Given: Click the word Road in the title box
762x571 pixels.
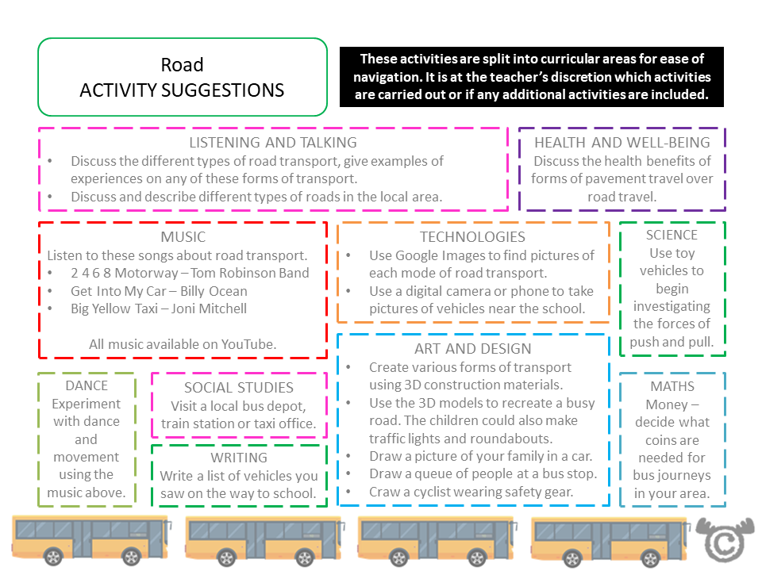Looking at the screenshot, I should pos(182,64).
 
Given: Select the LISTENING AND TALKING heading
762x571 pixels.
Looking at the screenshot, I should pos(272,143).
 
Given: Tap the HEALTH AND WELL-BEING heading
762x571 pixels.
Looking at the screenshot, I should pos(622,143).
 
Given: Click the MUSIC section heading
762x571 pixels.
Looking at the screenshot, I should pos(183,236).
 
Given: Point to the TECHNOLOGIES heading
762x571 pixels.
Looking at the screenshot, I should pos(472,236).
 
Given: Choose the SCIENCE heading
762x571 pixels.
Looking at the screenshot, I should pos(672,236).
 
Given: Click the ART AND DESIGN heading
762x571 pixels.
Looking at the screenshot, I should pos(472,348).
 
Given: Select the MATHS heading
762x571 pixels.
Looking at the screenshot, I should pos(672,386).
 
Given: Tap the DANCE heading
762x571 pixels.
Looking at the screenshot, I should pos(86,386).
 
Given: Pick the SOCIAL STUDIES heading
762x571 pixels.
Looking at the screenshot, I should pos(239,388).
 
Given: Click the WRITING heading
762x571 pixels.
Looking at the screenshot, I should pos(239,458).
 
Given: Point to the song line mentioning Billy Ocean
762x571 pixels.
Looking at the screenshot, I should pos(159,291).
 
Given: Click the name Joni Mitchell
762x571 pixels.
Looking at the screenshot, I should pos(209,309).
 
